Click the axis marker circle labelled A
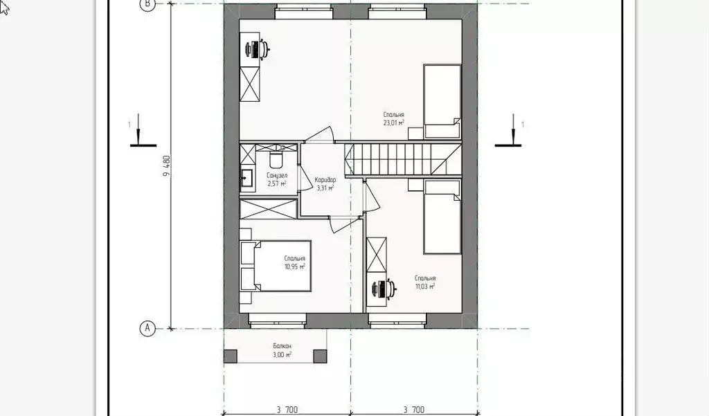tap(147, 328)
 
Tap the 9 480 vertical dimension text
tap(167, 167)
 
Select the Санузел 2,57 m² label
tap(276, 179)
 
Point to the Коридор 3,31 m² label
tap(325, 182)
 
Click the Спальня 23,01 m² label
tap(393, 118)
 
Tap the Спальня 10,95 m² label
tap(294, 262)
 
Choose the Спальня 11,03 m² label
tap(425, 281)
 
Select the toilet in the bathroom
tap(276, 160)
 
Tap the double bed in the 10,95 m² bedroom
tap(276, 266)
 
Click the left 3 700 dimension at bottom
tap(287, 410)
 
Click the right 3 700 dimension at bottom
tap(414, 410)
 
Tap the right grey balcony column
tap(321, 356)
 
